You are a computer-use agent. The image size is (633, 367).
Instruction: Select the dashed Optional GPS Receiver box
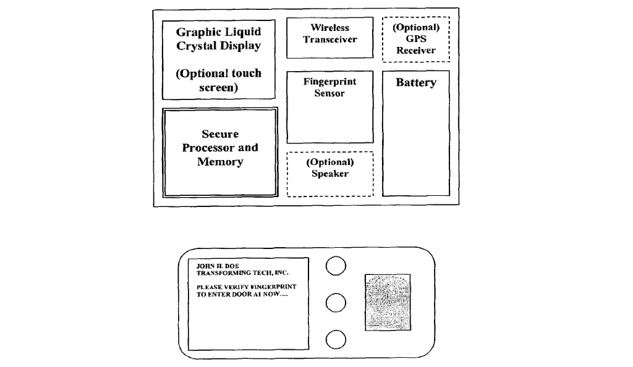[x=415, y=39]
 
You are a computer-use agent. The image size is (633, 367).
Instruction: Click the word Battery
[x=415, y=82]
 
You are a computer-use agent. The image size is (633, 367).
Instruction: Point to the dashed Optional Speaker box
[x=330, y=174]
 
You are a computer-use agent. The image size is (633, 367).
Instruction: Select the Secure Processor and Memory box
[x=219, y=152]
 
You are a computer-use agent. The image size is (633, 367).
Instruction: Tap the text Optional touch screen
[x=218, y=80]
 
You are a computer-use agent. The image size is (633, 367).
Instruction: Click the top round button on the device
[x=335, y=266]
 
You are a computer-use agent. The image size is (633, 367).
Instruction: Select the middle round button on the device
[x=335, y=303]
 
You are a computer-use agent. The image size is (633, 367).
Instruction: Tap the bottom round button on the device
[x=335, y=339]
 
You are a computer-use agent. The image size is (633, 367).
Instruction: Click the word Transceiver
[x=330, y=40]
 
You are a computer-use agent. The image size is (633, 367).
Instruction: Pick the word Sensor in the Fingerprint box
[x=329, y=93]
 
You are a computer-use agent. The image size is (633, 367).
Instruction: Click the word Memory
[x=220, y=162]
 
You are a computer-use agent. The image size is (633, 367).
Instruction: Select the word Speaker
[x=330, y=174]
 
